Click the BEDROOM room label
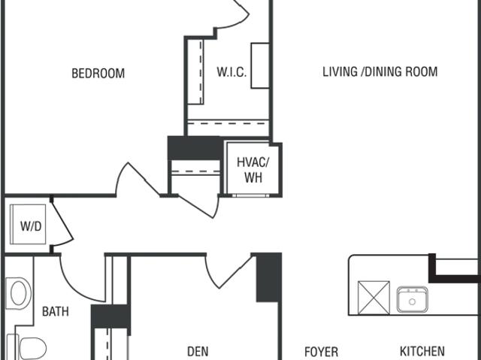click(98, 74)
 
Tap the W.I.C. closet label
click(231, 72)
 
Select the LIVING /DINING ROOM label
click(380, 71)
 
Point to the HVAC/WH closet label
click(253, 170)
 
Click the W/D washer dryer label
click(31, 226)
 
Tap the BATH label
click(55, 312)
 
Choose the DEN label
click(198, 352)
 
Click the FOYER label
click(321, 352)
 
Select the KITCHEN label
click(422, 352)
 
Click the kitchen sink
click(413, 300)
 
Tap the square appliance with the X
click(374, 298)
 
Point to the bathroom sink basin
click(18, 293)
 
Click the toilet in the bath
click(27, 347)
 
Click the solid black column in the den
click(269, 277)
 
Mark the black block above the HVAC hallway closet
click(195, 148)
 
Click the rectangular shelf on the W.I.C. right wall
click(260, 65)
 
